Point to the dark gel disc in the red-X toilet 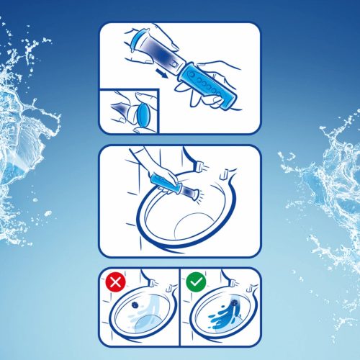tap(135, 305)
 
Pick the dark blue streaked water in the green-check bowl tap(216, 317)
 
